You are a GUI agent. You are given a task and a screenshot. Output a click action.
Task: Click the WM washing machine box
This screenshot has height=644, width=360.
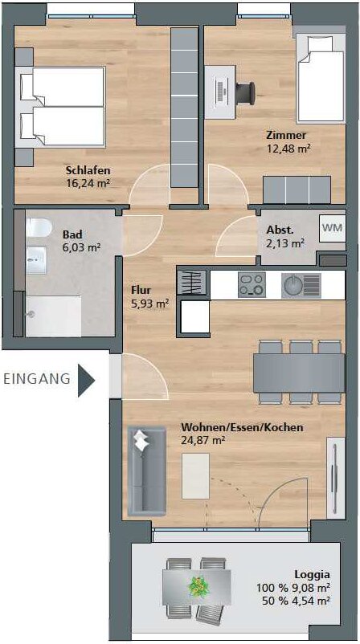(332, 227)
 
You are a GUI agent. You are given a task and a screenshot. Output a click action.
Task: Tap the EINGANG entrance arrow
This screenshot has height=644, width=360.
(86, 380)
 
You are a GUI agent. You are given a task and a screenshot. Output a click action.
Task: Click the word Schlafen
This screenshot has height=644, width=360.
(88, 170)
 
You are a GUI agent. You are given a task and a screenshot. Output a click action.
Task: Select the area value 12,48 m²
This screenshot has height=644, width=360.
(288, 148)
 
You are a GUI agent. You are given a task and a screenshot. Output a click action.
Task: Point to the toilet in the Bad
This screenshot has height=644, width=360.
(39, 227)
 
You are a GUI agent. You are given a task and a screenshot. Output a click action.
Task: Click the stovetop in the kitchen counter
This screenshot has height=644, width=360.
(252, 284)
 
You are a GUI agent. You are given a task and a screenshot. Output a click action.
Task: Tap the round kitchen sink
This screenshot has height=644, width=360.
(292, 284)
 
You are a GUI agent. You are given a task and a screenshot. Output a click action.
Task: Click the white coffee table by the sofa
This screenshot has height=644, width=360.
(195, 476)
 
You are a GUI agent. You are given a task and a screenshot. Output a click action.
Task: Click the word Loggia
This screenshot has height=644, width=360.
(312, 575)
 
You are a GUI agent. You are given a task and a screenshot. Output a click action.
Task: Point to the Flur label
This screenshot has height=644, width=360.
(139, 290)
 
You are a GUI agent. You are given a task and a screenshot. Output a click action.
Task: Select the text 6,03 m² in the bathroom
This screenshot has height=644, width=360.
(82, 247)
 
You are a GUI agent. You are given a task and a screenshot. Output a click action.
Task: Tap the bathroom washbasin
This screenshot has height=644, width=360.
(37, 260)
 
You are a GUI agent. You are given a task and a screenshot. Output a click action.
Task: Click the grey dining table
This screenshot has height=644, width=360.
(299, 373)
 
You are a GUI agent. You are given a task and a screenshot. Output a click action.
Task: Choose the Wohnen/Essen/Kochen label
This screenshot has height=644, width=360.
(242, 427)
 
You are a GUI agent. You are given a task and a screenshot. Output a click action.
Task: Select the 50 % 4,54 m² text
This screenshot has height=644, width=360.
(296, 601)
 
